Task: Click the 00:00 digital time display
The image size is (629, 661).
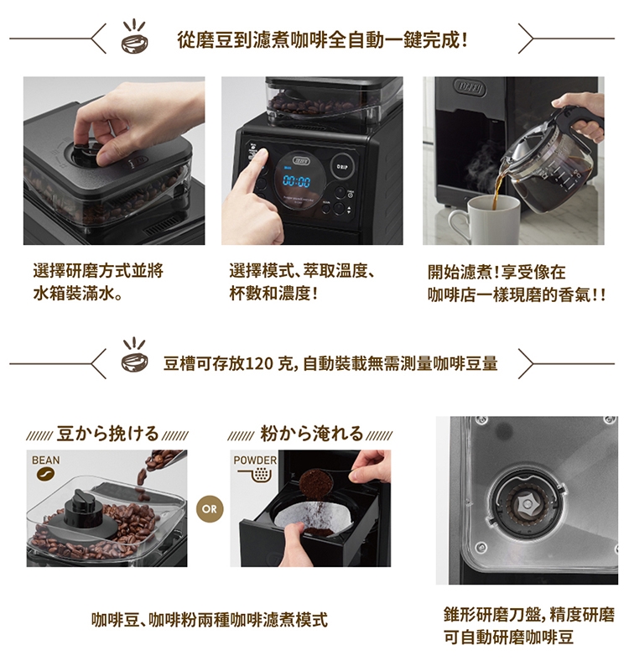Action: point(296,182)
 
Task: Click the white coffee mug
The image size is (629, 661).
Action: point(487,220)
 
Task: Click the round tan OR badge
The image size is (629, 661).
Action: point(210,509)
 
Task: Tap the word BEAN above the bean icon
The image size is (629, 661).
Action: point(46,461)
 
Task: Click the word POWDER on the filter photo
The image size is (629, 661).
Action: point(255,461)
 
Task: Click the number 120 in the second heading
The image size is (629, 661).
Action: point(258,363)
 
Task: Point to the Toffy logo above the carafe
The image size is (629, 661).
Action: point(470,89)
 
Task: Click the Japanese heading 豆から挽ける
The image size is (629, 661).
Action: point(107,434)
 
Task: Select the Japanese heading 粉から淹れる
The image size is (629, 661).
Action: point(311,434)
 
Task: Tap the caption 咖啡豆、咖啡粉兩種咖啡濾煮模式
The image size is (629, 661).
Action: point(209,620)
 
